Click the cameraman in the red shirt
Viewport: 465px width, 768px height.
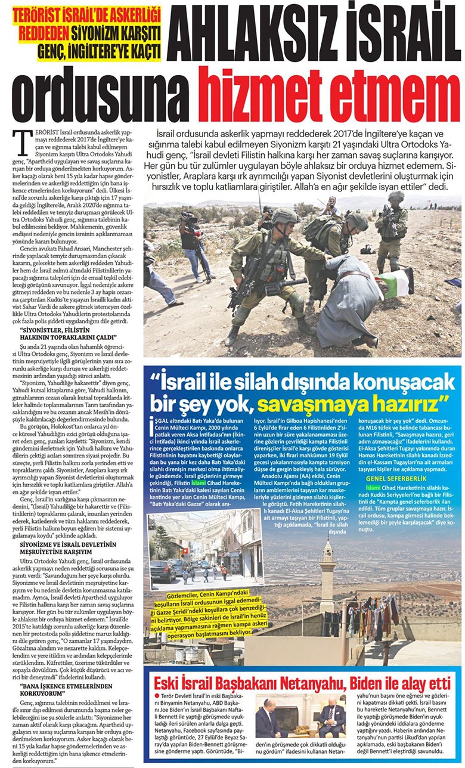tap(191, 239)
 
